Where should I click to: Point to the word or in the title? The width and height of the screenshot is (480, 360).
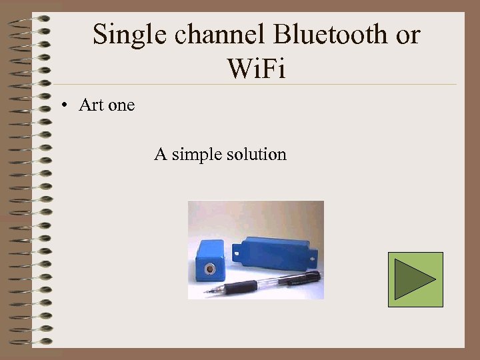tap(408, 35)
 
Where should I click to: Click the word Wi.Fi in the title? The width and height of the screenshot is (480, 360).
tap(256, 69)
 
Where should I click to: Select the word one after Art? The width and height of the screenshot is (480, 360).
tap(121, 105)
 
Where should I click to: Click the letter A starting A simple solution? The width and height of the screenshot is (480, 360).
tap(160, 155)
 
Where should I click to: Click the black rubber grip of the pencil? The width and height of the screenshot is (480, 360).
tap(241, 287)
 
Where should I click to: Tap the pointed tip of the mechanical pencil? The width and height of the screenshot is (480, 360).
tap(207, 291)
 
